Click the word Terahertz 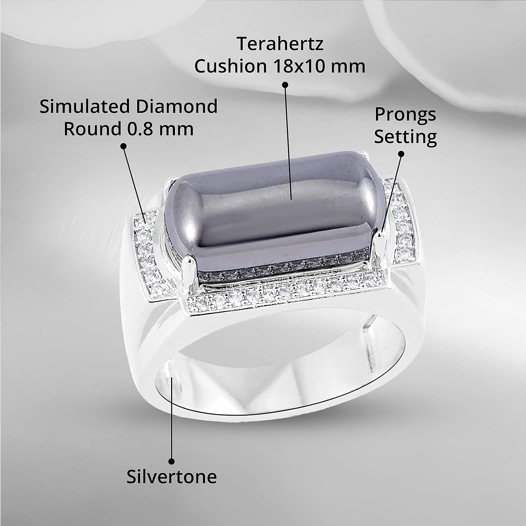pos(280,44)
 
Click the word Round pos(92,129)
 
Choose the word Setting pos(405,137)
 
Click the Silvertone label pos(171,477)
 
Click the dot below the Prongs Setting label pos(402,153)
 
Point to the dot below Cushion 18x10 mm pos(285,85)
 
